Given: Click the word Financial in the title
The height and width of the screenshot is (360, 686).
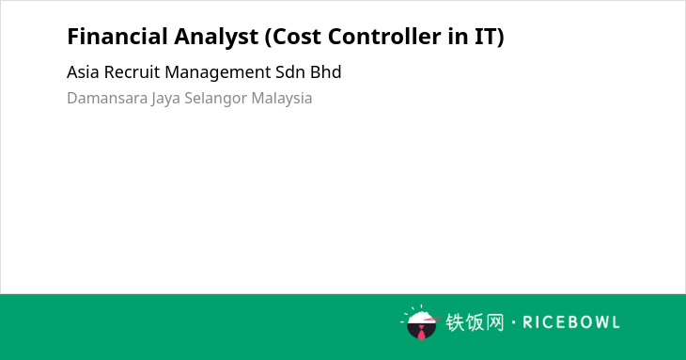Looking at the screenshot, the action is point(117,36).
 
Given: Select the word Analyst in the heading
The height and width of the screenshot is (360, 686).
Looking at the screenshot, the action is point(216,38).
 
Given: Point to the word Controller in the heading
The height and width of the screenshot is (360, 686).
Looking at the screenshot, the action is point(384,36).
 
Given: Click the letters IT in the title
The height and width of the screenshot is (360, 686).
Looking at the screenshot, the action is point(489,37).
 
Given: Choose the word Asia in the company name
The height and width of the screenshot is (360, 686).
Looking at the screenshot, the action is point(83,72).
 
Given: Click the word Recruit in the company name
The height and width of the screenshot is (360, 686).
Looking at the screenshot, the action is point(132,72).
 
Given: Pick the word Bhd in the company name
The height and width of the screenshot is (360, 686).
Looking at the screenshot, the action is point(325,72).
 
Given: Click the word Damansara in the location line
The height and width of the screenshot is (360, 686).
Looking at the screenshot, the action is point(107,98).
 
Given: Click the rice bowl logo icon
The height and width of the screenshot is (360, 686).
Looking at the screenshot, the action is point(420,322).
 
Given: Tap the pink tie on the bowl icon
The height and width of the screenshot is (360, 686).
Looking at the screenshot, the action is point(421,334).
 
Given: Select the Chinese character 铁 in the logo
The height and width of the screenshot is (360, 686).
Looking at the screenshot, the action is point(455,322).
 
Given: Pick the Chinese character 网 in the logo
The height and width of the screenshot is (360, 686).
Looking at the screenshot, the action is point(495,322).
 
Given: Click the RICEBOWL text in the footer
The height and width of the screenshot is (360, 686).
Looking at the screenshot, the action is point(571,322).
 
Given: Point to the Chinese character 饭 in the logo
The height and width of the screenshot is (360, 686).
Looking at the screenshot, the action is point(476,322).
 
